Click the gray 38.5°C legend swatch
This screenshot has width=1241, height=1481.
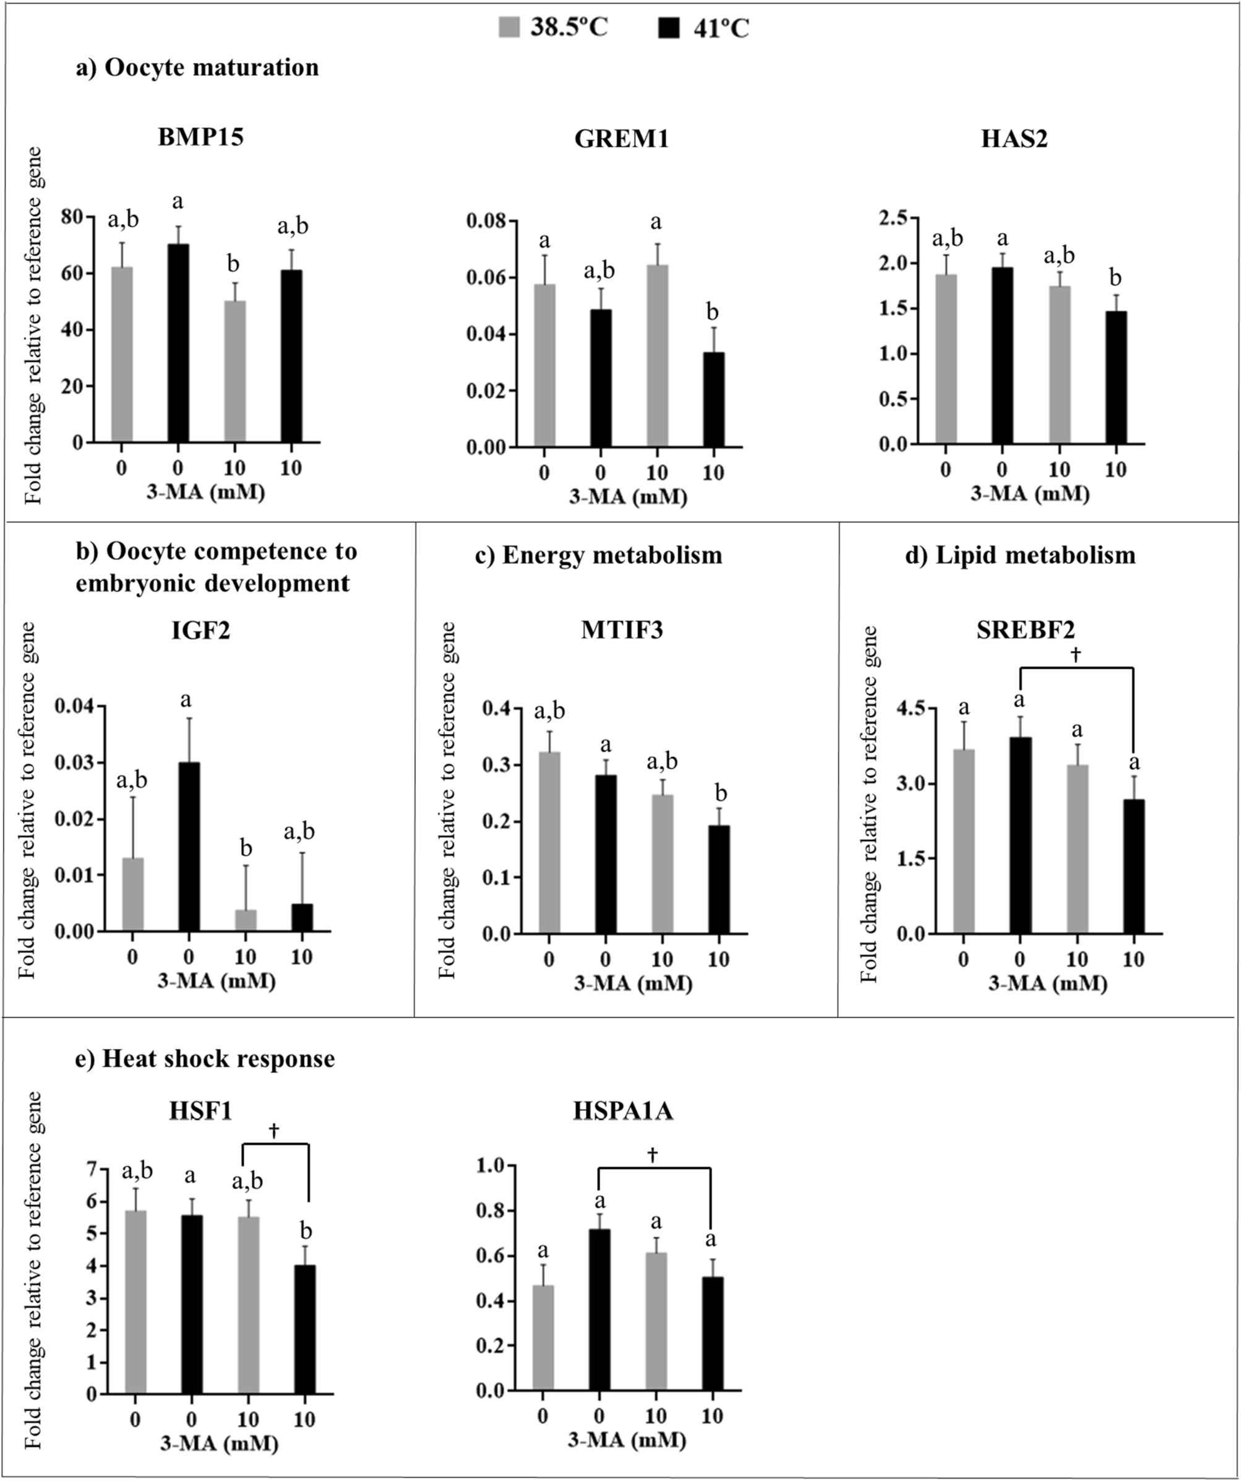click(x=509, y=28)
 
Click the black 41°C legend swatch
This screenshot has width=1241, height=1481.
click(x=669, y=28)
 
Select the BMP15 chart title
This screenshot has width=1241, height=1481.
click(x=200, y=136)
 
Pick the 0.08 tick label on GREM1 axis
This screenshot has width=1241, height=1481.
click(x=486, y=221)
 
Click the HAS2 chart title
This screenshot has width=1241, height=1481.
click(x=1014, y=138)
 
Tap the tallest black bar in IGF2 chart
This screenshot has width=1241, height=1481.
click(x=189, y=846)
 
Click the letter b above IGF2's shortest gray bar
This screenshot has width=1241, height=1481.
click(x=246, y=848)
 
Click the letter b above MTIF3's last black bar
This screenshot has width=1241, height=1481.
click(x=719, y=793)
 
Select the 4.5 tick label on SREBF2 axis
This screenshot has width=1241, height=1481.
click(x=912, y=709)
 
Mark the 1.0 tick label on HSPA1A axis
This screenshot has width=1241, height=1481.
click(x=491, y=1166)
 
